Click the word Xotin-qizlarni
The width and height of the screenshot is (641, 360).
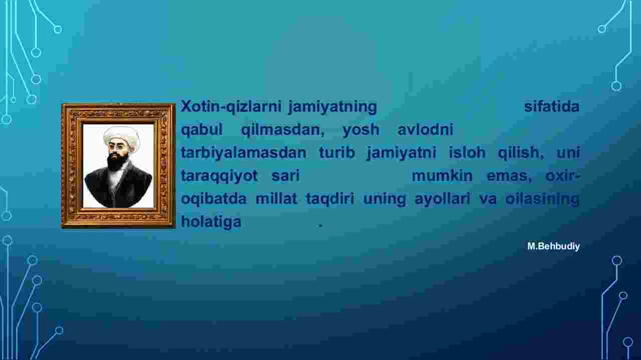point(231,107)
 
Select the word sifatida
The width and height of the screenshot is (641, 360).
point(552,107)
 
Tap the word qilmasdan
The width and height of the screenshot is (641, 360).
point(283,130)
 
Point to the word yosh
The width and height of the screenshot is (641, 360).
point(361,130)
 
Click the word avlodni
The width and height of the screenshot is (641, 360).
point(425,130)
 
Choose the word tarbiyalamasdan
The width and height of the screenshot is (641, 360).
point(243,153)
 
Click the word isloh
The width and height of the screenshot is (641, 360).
point(467,152)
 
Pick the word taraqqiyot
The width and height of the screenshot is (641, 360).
point(219,176)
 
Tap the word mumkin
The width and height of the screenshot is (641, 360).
point(442,176)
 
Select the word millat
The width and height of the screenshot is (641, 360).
point(276,199)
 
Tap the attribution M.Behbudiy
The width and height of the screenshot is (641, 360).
point(554,246)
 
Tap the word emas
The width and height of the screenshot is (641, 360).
point(509,176)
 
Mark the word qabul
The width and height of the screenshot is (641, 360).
point(202,130)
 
